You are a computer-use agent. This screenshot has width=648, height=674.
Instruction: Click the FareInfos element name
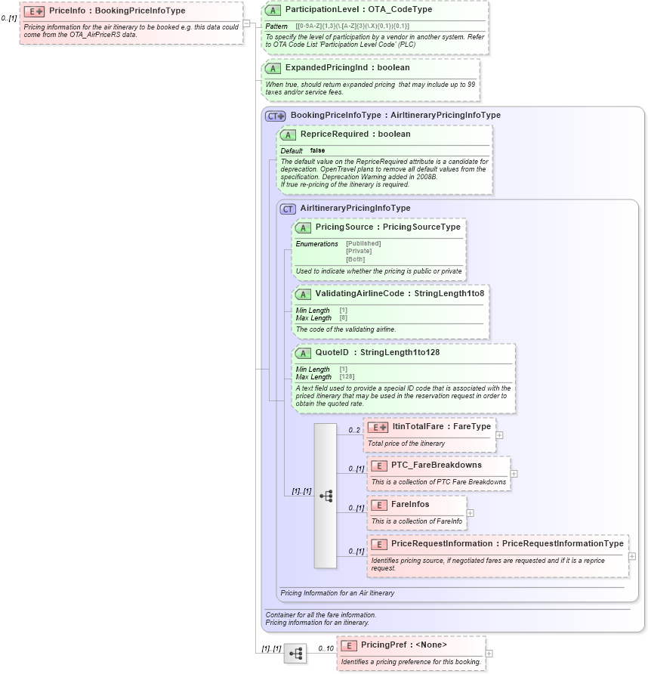click(x=410, y=504)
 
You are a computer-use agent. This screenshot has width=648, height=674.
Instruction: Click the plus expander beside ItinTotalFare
click(x=499, y=435)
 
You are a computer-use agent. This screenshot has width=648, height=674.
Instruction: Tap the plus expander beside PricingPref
click(x=489, y=654)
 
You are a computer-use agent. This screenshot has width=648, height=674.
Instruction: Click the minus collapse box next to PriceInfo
click(x=246, y=23)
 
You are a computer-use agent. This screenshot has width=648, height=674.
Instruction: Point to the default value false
click(x=317, y=150)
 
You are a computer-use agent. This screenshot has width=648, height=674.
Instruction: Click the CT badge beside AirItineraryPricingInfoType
click(x=288, y=209)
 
